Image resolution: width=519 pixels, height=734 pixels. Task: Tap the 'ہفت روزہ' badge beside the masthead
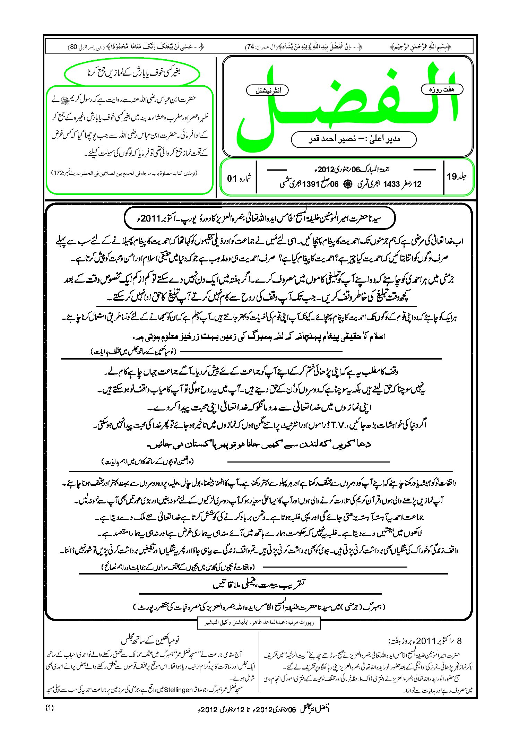coord(442,89)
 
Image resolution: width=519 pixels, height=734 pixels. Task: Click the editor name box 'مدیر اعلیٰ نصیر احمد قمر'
coord(354,139)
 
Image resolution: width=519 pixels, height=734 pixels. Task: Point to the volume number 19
coord(452,176)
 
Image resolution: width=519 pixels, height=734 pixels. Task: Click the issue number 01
coord(232,179)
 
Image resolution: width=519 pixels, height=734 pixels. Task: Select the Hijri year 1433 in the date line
coord(391,184)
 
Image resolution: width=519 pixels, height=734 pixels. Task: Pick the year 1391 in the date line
coord(310,184)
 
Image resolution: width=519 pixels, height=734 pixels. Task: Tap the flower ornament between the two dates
coord(348,184)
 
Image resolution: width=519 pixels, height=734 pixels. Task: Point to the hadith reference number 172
coord(58,173)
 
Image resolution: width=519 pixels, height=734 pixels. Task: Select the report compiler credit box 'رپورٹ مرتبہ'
coord(259,623)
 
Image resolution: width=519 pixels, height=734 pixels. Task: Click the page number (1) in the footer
coord(50,708)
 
